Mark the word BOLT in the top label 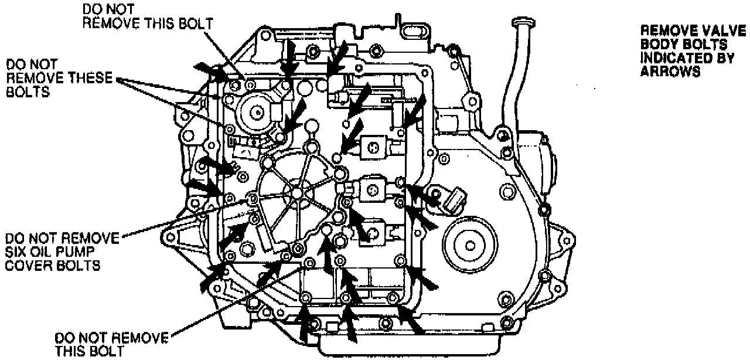click(197, 23)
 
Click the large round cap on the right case click(467, 242)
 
